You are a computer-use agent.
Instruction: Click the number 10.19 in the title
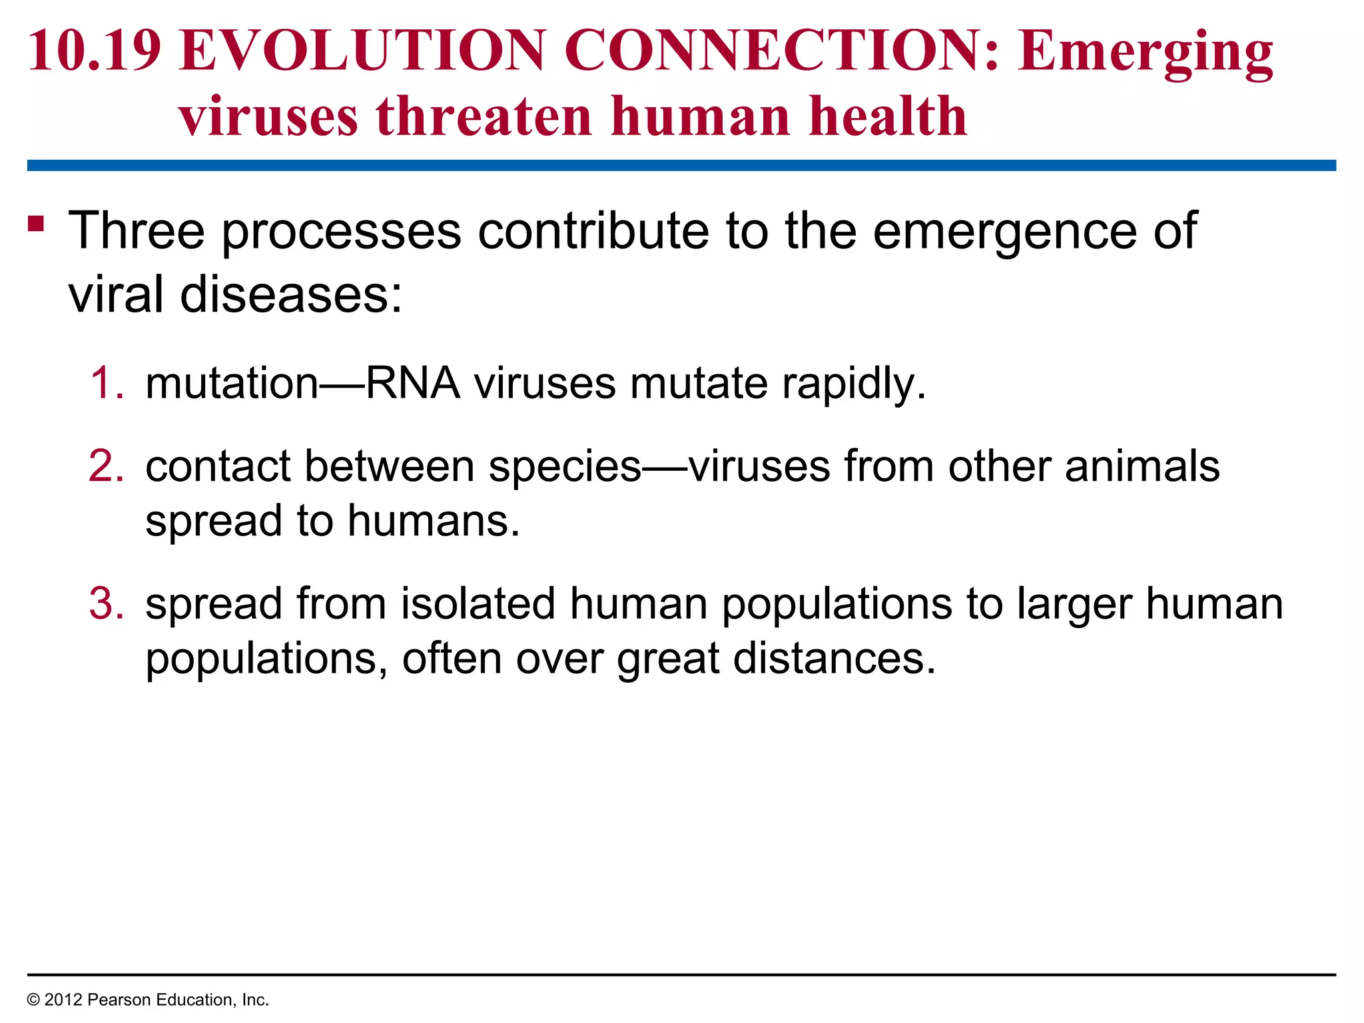click(x=95, y=51)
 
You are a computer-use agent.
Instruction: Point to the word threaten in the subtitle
click(x=484, y=117)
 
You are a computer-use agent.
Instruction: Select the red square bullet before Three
click(x=36, y=223)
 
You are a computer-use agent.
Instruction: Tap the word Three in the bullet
click(x=137, y=230)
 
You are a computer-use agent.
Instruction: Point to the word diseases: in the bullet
click(x=292, y=294)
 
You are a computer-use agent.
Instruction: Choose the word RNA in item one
click(x=413, y=384)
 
